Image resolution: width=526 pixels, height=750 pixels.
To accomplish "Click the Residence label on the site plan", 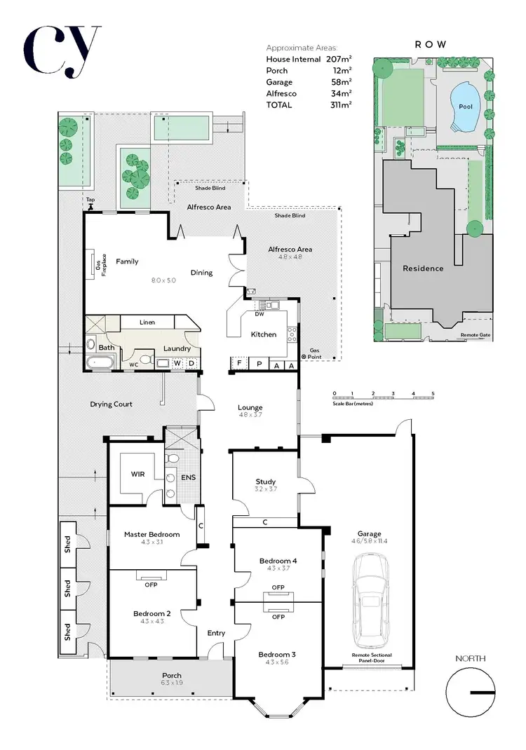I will pos(423,268).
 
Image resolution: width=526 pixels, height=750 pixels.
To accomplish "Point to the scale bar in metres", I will pos(384,397).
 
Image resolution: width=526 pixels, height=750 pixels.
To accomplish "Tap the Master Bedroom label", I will pos(151,534).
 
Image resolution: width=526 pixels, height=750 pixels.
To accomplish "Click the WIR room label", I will pos(137,475).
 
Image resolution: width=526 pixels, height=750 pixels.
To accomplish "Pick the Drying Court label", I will pos(111,404).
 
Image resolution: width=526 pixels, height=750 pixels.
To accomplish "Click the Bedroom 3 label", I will pos(277,655).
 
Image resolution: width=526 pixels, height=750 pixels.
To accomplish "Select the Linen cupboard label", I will pos(147,322).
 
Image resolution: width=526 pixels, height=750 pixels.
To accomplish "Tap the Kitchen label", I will pos(264,334).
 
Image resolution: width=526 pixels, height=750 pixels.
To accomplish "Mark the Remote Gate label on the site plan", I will pos(475,335).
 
